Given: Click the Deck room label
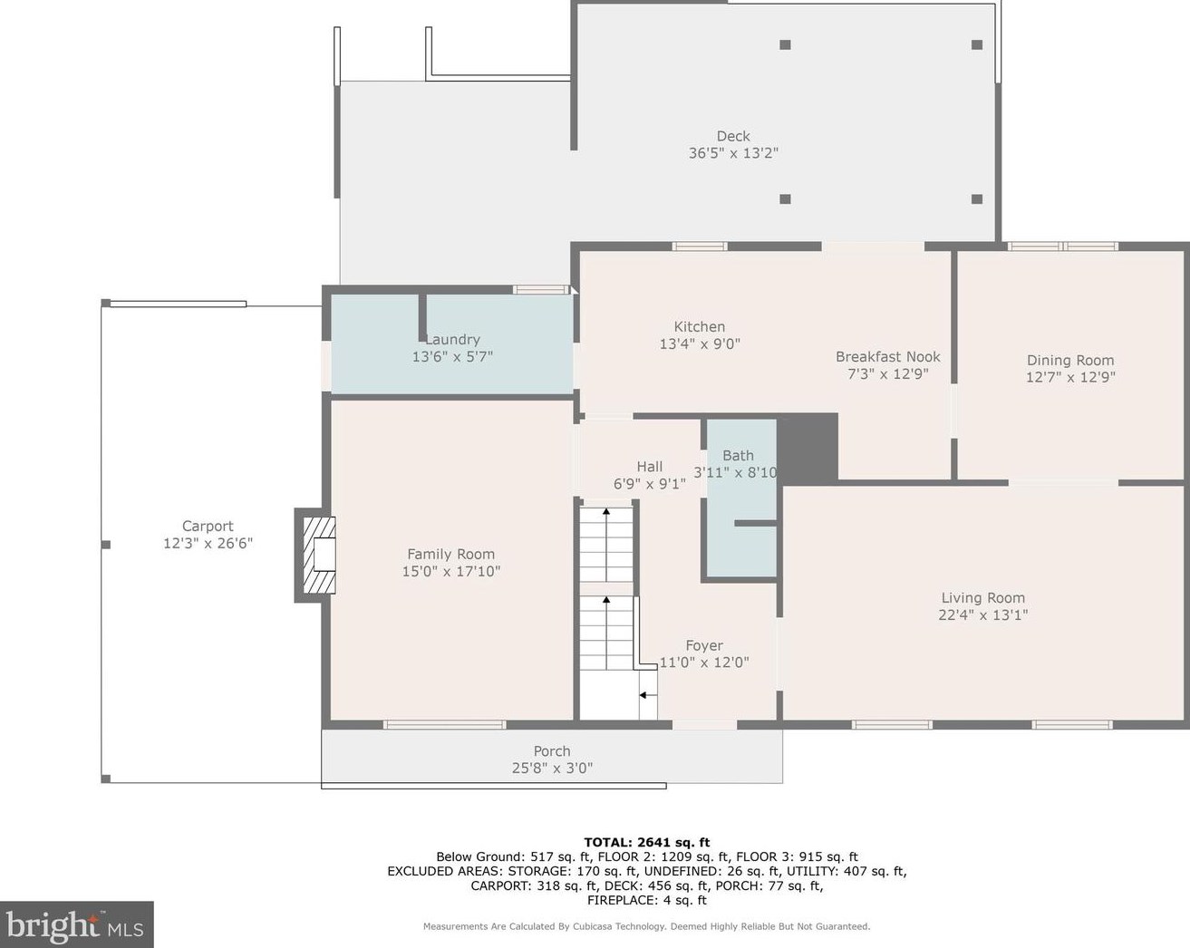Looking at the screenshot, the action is (733, 136).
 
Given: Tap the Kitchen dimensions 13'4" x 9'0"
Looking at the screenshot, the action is (700, 344).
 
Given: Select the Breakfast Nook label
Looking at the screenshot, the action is (887, 357).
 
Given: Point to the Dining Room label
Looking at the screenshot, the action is (1070, 361).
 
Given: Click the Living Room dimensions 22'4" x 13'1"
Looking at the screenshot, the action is (983, 614).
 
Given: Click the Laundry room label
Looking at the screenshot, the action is (452, 340).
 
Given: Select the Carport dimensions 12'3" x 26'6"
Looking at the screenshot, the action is (208, 543).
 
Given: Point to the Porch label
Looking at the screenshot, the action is (552, 751).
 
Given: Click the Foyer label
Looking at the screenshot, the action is (704, 645).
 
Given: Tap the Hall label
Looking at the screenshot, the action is (650, 467).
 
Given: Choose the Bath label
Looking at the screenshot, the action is (739, 456).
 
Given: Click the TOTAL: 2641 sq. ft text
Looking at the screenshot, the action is (647, 842).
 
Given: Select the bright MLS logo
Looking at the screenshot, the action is (76, 924).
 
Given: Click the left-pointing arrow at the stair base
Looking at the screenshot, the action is (648, 695).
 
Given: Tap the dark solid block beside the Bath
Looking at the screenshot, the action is (808, 448).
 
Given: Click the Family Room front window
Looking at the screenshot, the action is (445, 724).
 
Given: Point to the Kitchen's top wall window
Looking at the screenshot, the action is (700, 247).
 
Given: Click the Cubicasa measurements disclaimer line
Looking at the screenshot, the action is (646, 926).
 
